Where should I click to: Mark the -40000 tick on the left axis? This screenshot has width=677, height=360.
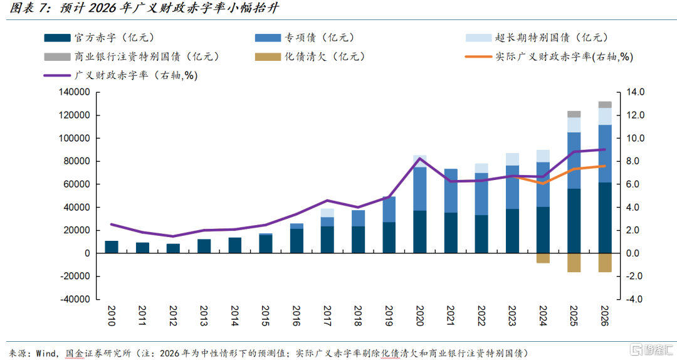pos(75,299)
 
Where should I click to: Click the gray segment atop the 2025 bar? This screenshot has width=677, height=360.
pos(574,114)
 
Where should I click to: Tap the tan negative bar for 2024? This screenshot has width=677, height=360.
pos(543,258)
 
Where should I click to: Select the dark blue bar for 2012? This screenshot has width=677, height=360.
pos(173,248)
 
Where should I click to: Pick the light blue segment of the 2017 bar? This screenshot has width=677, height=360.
pos(327,213)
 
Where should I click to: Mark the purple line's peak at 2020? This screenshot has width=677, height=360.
pos(420,158)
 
